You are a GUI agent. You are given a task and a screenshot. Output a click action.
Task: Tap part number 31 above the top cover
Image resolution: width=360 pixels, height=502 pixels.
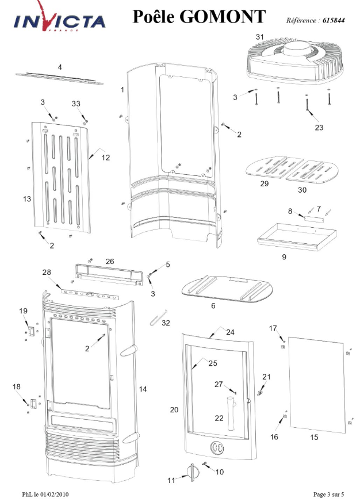pyautogui.click(x=259, y=37)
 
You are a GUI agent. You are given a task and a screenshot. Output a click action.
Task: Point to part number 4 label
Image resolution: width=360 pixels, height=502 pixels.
pyautogui.click(x=60, y=67)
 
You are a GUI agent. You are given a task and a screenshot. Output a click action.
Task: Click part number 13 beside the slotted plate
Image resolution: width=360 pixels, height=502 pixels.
pyautogui.click(x=26, y=198)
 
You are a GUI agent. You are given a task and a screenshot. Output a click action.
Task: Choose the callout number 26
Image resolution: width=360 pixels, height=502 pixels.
pyautogui.click(x=110, y=261)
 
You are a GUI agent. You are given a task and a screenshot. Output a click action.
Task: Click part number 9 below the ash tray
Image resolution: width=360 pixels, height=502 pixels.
pyautogui.click(x=284, y=257)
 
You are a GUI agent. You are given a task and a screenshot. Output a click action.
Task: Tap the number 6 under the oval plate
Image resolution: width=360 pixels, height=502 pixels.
pyautogui.click(x=213, y=306)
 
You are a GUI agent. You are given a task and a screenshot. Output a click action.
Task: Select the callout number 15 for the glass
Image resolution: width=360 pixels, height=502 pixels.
pyautogui.click(x=313, y=438)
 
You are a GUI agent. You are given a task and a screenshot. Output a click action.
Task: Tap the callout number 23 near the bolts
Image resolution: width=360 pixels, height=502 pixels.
pyautogui.click(x=319, y=128)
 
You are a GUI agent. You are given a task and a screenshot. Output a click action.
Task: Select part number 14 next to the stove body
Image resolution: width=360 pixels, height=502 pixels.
pyautogui.click(x=143, y=389)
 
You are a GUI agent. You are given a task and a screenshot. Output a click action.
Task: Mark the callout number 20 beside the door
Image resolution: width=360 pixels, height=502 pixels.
pyautogui.click(x=174, y=409)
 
